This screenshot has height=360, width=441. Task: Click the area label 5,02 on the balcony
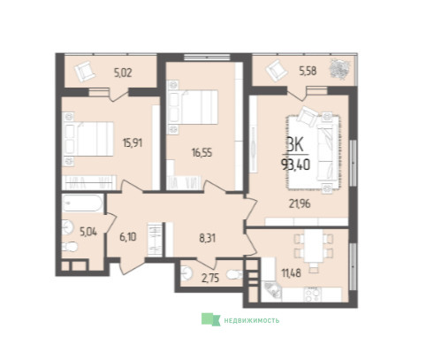click(123, 73)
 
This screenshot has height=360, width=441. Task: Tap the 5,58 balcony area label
click(308, 71)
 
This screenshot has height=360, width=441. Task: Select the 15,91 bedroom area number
click(133, 143)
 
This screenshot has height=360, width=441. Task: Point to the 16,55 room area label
click(201, 153)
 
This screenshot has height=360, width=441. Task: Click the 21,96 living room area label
click(300, 203)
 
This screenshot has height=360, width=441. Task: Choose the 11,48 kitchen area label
click(292, 273)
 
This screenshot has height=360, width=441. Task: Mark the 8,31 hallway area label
click(208, 238)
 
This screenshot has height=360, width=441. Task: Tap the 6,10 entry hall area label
click(128, 237)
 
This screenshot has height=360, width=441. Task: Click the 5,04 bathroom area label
click(88, 232)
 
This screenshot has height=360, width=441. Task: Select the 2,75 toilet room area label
click(210, 279)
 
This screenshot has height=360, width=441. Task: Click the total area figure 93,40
click(296, 165)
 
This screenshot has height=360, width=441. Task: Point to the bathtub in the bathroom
click(83, 203)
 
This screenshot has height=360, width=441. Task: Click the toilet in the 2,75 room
click(234, 275)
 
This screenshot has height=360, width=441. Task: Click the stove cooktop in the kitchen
click(313, 295)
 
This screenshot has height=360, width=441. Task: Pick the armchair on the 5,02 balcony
click(85, 71)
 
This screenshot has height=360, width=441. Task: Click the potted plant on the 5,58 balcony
click(340, 70)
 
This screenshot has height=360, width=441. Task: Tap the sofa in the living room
click(327, 152)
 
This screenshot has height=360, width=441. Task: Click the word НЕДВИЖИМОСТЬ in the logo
click(252, 320)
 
